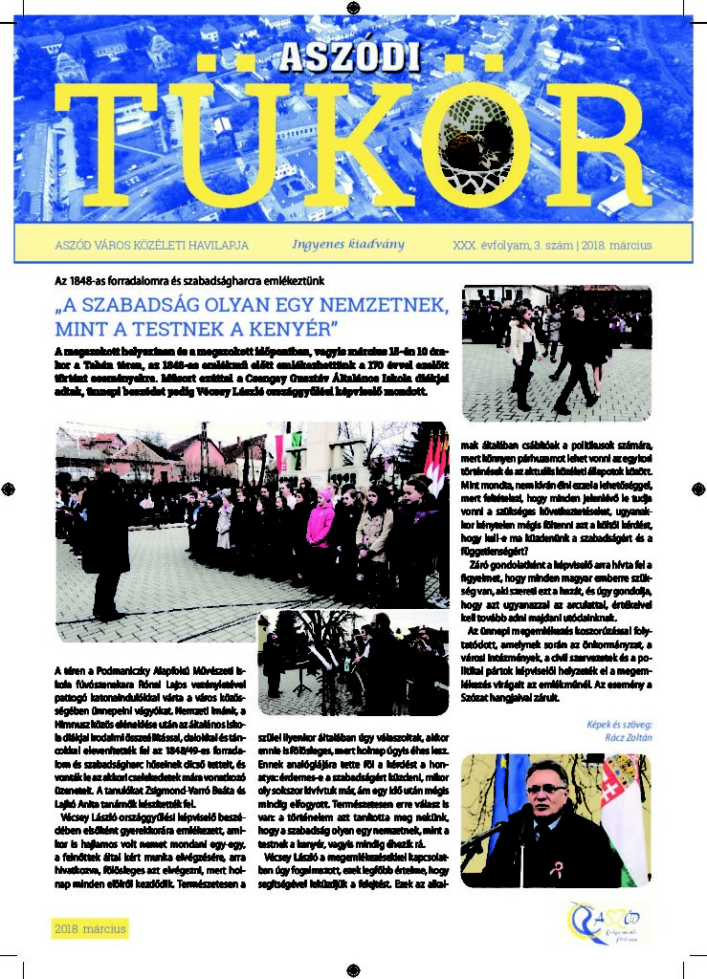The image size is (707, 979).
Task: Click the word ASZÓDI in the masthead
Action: point(350,58)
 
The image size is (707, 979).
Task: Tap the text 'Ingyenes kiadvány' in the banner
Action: point(348,245)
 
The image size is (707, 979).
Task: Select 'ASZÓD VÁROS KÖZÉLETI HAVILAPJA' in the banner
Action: point(152,246)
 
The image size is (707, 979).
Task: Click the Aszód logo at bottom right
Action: point(604,923)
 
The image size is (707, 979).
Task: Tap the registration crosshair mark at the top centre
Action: point(353,8)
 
